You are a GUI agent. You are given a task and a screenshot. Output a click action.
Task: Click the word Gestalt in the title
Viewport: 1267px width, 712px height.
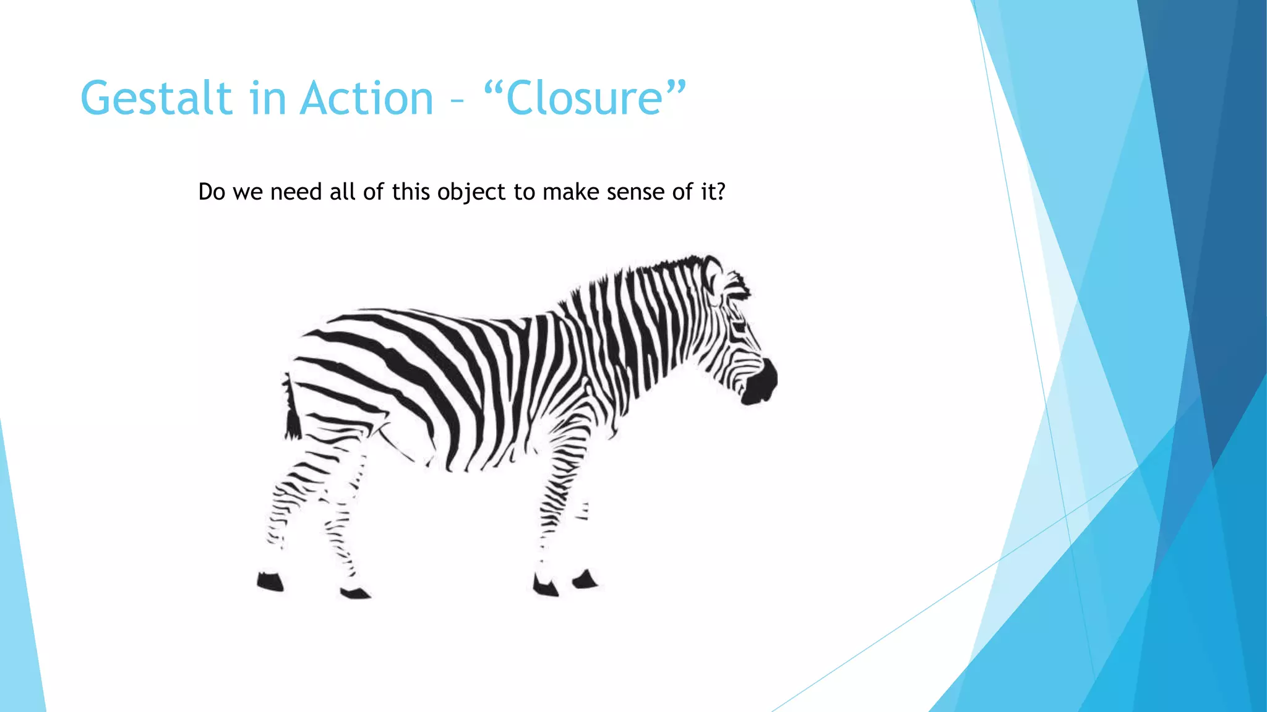tap(156, 99)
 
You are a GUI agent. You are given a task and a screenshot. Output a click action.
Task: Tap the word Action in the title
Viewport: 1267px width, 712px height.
tap(367, 99)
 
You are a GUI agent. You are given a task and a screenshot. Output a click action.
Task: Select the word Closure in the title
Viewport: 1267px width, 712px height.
tap(585, 99)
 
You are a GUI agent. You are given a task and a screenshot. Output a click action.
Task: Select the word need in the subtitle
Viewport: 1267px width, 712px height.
tap(296, 192)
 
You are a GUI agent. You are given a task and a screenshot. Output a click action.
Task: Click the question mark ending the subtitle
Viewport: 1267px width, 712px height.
tap(719, 192)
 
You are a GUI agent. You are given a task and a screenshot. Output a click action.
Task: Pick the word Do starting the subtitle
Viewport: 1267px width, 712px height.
tap(212, 192)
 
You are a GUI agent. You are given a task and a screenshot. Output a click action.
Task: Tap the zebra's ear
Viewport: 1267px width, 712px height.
tap(713, 275)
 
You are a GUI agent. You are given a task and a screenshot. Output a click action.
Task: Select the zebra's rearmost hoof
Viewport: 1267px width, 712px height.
tap(270, 582)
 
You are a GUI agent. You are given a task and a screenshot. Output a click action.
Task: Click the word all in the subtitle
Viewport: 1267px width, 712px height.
tap(342, 192)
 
